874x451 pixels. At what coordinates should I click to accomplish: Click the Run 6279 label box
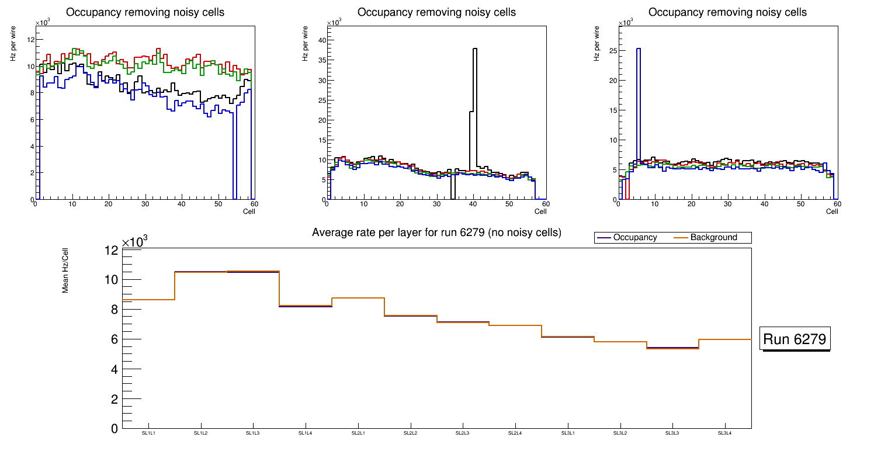click(795, 339)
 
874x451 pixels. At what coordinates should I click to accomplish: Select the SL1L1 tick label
click(148, 433)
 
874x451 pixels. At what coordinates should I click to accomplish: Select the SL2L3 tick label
click(463, 433)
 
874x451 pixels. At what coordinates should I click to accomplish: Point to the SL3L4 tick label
click(725, 433)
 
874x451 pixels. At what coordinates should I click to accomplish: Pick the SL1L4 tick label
click(306, 433)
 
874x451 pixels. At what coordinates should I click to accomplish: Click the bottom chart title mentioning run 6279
click(436, 233)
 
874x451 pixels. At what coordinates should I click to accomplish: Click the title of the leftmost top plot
click(145, 12)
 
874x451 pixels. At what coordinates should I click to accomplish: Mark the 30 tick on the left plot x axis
click(145, 204)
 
